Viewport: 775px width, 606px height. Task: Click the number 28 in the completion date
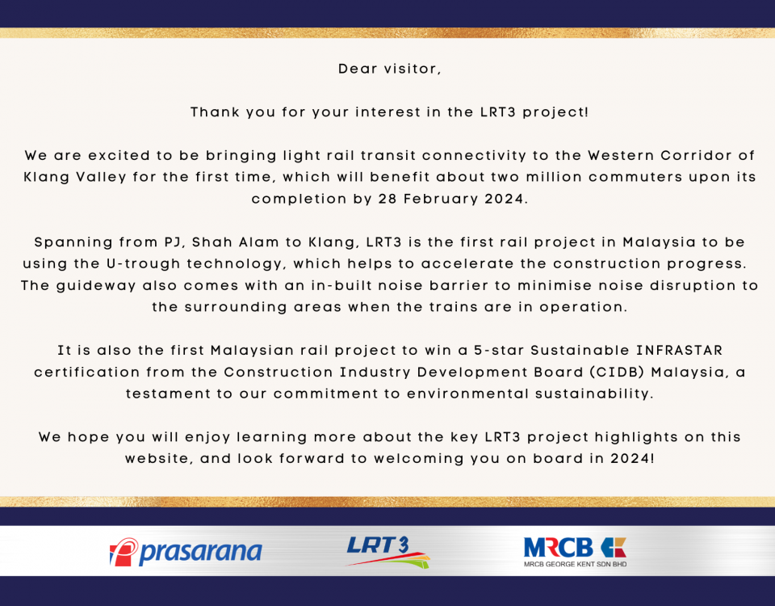(387, 199)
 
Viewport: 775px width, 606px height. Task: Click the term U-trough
(144, 264)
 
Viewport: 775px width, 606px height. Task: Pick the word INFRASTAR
(679, 350)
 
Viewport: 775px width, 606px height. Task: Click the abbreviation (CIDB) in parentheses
(617, 372)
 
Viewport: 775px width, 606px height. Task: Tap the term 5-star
(499, 350)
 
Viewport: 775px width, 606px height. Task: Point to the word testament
(168, 393)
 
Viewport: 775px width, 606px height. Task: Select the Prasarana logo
(186, 552)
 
